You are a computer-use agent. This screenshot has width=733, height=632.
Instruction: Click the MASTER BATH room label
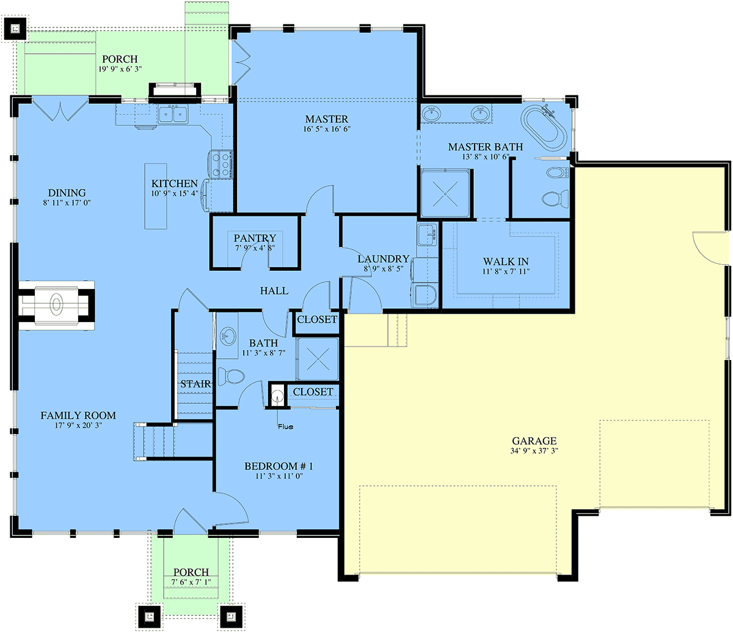[x=485, y=147]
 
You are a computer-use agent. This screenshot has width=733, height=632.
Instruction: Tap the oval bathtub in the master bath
[x=543, y=128]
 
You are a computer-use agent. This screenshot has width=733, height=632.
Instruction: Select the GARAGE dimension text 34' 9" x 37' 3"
[x=534, y=451]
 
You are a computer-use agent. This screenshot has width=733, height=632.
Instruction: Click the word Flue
[x=285, y=427]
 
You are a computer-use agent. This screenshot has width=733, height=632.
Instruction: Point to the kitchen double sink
[x=173, y=114]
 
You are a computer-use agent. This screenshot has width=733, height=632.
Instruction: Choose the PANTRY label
[x=255, y=238]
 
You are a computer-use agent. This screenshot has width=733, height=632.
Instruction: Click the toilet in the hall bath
[x=232, y=376]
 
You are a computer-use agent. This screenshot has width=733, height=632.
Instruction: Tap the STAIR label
[x=195, y=384]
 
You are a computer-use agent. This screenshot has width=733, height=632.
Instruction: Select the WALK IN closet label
[x=506, y=262]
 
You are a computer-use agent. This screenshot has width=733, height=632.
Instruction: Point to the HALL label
[x=274, y=290]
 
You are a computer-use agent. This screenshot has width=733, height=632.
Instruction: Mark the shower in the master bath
[x=445, y=193]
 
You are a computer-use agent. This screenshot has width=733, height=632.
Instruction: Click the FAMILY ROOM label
[x=78, y=415]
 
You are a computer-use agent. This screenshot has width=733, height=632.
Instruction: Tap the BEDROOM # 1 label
[x=279, y=466]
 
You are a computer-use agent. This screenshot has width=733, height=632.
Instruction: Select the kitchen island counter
[x=156, y=196]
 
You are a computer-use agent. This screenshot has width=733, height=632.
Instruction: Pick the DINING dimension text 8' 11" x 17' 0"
[x=67, y=203]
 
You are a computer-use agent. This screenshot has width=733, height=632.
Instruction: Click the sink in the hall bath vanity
[x=228, y=336]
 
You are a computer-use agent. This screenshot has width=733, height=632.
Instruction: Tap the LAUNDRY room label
[x=384, y=259]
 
